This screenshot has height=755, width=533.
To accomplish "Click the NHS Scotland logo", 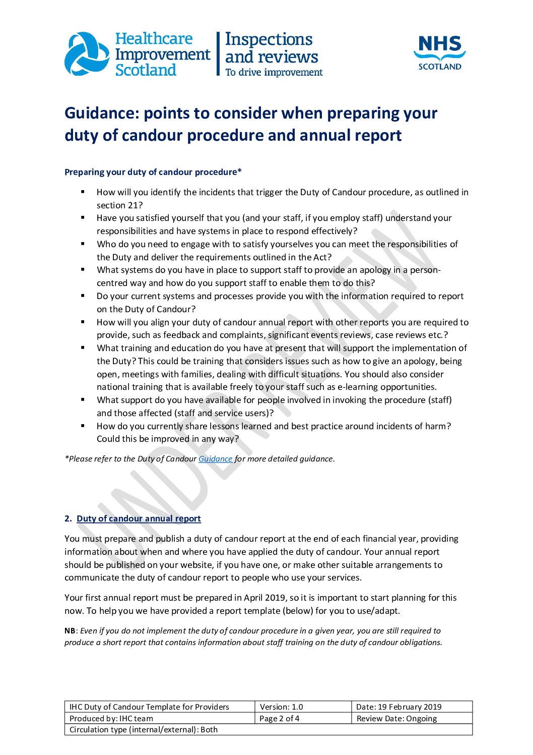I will click(439, 52).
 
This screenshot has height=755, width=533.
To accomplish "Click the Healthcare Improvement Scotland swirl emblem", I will click(87, 54).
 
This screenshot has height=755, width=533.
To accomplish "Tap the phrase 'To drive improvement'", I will click(274, 72).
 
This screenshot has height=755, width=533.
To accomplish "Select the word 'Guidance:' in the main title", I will click(101, 113).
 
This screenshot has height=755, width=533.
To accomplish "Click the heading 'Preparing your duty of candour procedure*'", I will click(153, 172).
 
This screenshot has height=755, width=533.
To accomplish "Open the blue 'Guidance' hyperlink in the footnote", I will click(215, 459).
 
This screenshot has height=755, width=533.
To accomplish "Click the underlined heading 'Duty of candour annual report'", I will click(139, 518).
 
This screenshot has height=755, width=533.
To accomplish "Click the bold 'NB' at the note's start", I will click(70, 630).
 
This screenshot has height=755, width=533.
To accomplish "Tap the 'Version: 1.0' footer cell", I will click(281, 707).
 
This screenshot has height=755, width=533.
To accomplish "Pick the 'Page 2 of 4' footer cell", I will click(279, 718).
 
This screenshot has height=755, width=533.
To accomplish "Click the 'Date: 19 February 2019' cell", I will click(398, 707).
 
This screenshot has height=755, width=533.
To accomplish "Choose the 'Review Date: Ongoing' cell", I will click(396, 718).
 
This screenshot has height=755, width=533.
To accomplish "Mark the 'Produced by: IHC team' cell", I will click(111, 718).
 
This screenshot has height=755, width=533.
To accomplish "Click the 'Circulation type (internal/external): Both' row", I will click(144, 729).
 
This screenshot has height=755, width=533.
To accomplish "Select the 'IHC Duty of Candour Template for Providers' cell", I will click(149, 707).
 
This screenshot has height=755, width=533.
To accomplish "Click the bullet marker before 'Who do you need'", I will click(83, 244).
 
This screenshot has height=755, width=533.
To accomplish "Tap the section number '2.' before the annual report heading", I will click(68, 518).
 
